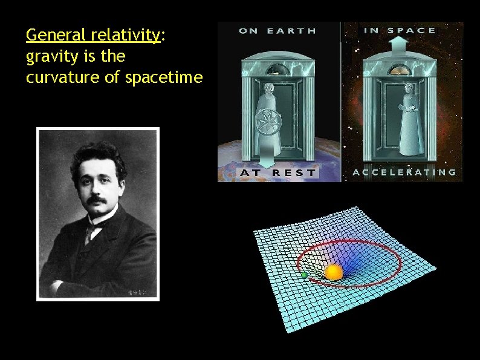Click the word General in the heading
(49, 36)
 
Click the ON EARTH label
(278, 31)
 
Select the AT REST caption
(278, 172)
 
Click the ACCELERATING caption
(404, 172)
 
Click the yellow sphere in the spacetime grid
(333, 272)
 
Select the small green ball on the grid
(304, 275)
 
